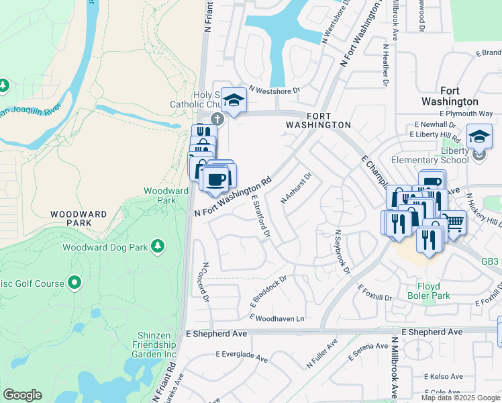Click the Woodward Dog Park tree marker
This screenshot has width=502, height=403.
pyautogui.click(x=158, y=247)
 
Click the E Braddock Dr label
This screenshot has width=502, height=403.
pyautogui.click(x=268, y=289)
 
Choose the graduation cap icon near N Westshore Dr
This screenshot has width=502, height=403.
pyautogui.click(x=234, y=101)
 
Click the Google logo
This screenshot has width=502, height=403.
pyautogui.click(x=22, y=395)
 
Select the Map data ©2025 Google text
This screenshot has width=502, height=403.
pyautogui.click(x=460, y=398)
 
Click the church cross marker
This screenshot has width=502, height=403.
pyautogui.click(x=217, y=119)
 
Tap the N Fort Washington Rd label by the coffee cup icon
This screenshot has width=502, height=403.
pyautogui.click(x=233, y=196)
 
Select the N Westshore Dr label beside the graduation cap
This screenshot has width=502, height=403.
pyautogui.click(x=274, y=89)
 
